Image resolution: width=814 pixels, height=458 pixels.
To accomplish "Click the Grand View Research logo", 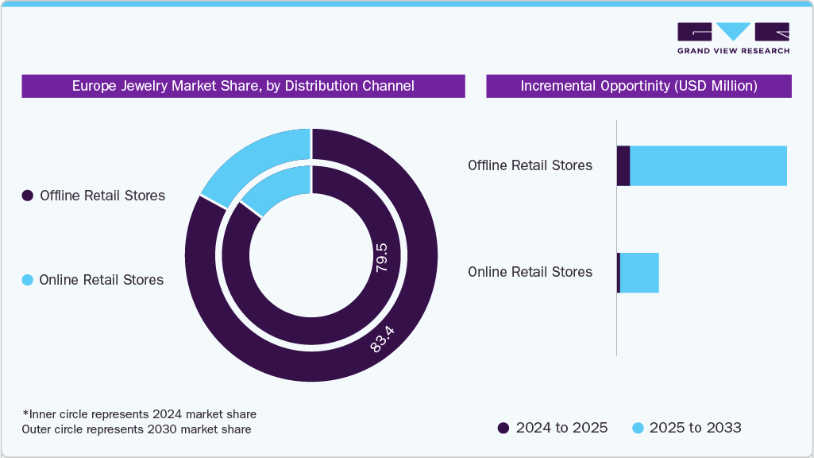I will click(733, 37).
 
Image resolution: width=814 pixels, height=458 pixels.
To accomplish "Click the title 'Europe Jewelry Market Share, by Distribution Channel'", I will click(243, 86).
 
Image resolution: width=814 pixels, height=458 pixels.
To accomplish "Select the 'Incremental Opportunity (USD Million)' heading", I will click(638, 86).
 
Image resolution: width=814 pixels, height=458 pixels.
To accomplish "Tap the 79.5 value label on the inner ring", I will click(381, 260).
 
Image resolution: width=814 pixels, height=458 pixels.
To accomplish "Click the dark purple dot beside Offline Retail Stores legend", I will click(28, 196).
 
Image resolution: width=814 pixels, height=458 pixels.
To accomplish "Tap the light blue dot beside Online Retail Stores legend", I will click(28, 280).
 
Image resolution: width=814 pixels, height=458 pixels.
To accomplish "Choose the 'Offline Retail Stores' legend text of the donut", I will click(102, 196).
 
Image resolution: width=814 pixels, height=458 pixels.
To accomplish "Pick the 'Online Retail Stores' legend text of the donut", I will click(101, 280).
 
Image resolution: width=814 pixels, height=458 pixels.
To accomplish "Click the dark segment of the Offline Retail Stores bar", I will click(623, 166).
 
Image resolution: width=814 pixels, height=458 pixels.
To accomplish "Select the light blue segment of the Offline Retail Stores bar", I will click(708, 166).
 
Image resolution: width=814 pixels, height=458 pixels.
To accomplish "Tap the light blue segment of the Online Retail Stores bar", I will click(639, 273).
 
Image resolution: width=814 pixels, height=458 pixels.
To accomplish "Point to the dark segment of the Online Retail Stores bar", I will click(619, 273).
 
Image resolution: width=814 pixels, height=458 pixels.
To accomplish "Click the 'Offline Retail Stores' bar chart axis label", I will click(530, 166).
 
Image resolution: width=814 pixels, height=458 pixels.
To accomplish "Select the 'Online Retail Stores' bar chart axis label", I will click(530, 272).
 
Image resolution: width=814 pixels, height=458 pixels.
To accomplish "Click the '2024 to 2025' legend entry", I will click(553, 428).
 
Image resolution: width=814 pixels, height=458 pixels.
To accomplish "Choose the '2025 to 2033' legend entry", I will click(687, 428).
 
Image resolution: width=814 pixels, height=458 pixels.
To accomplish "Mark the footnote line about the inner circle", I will click(139, 414).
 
